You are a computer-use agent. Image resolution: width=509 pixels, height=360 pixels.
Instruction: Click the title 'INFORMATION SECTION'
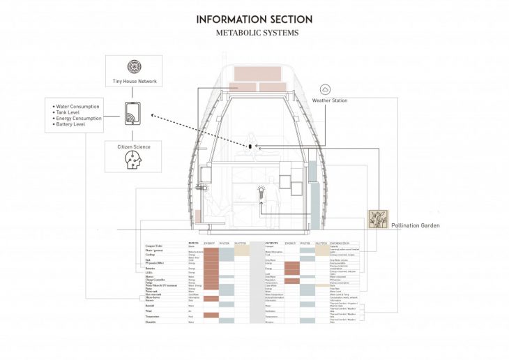tap(254, 20)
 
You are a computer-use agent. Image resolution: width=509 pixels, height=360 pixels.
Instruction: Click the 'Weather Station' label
tap(330, 100)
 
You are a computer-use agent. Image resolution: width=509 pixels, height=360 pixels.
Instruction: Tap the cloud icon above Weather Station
tap(326, 89)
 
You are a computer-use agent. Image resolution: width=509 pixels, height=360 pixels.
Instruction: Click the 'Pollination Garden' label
tap(416, 226)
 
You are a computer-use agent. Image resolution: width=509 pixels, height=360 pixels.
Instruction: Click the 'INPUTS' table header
tap(193, 243)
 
